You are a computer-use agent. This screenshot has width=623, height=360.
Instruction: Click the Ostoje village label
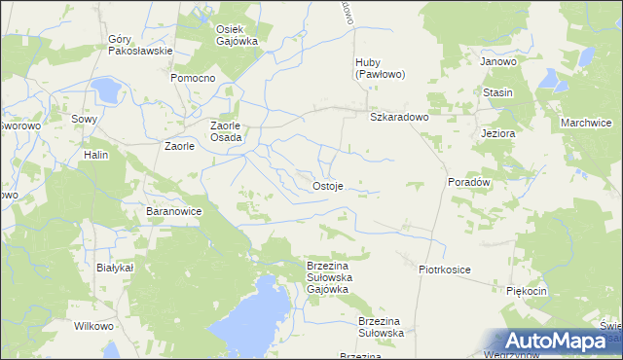pyautogui.click(x=327, y=186)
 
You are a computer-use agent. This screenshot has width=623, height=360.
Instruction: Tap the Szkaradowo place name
pyautogui.click(x=399, y=117)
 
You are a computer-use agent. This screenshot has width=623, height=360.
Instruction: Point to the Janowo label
pyautogui.click(x=497, y=60)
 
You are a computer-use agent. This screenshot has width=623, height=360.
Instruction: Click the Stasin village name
pyautogui.click(x=497, y=92)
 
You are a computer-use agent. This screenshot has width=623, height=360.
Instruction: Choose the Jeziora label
pyautogui.click(x=497, y=133)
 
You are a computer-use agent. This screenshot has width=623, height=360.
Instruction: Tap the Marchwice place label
pyautogui.click(x=586, y=123)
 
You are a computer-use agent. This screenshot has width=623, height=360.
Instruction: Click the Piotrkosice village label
pyautogui.click(x=445, y=269)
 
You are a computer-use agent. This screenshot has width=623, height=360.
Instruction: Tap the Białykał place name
pyautogui.click(x=115, y=267)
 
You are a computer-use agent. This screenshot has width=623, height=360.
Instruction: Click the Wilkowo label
pyautogui.click(x=93, y=327)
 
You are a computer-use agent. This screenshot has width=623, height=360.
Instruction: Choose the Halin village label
pyautogui.click(x=95, y=155)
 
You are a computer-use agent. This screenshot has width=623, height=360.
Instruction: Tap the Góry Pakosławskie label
pyautogui.click(x=140, y=45)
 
